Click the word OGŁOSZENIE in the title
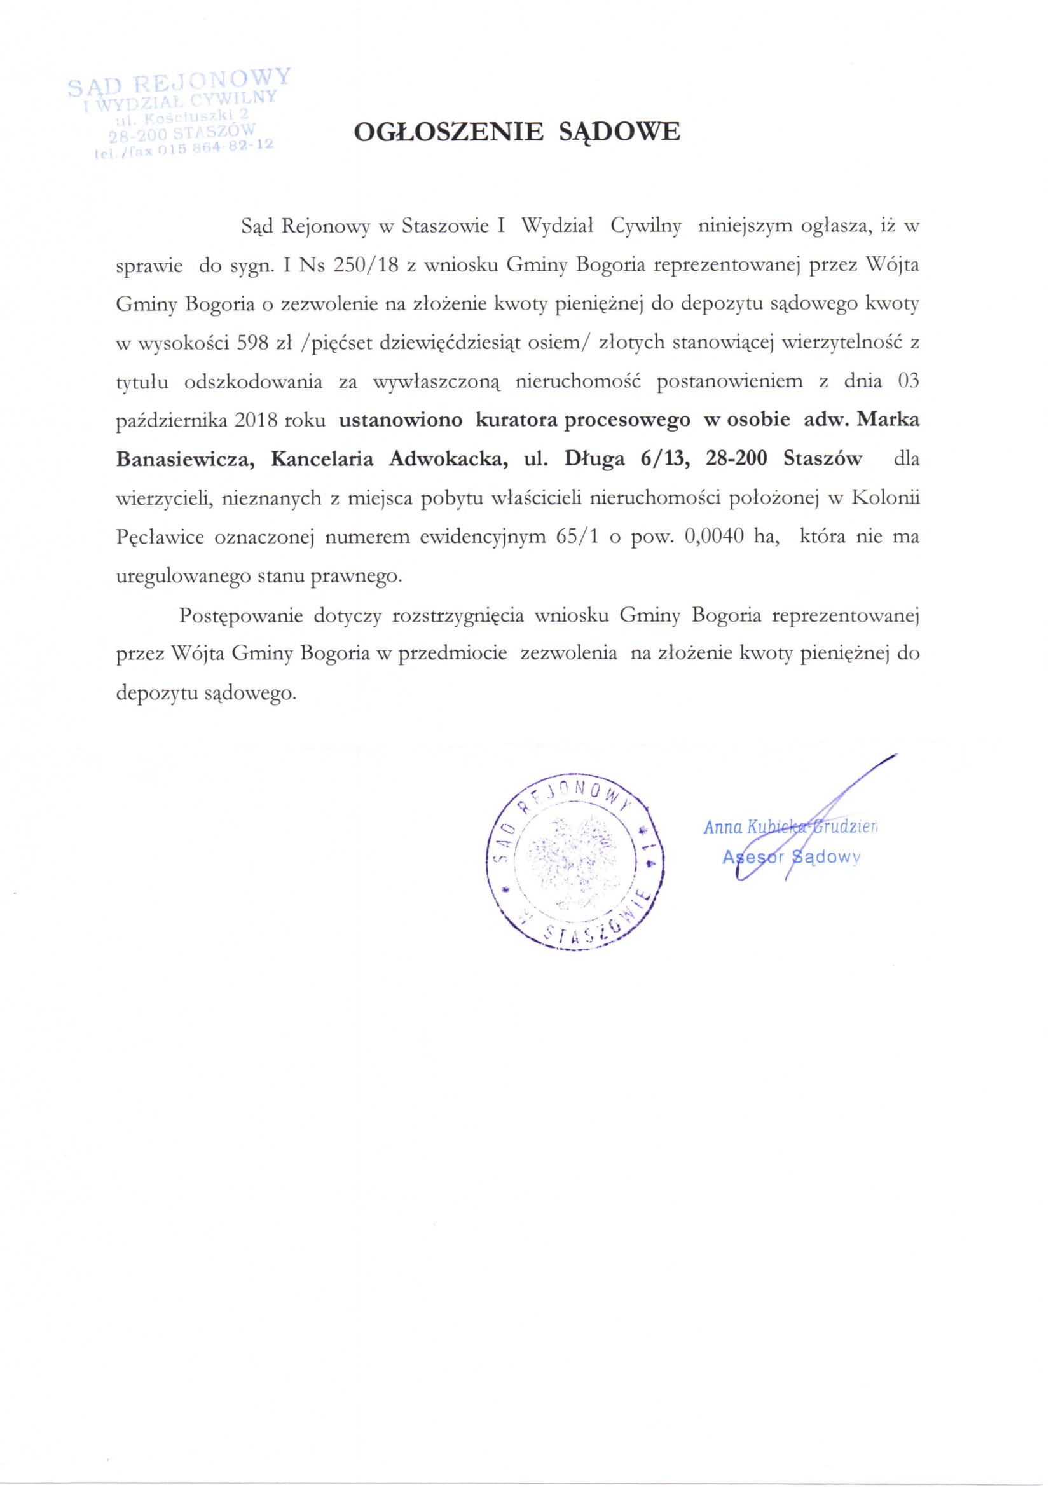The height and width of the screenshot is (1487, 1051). tap(448, 132)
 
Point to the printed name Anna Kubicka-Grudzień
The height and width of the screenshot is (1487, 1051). tap(790, 827)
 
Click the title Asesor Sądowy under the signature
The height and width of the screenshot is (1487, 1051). tap(791, 857)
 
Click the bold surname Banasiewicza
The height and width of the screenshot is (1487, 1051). tap(180, 459)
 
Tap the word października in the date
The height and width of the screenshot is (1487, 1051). tap(172, 420)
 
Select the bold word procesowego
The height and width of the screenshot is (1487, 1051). tap(627, 420)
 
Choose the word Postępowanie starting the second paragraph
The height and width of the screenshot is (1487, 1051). tap(241, 615)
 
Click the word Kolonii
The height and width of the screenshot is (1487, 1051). tap(884, 498)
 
